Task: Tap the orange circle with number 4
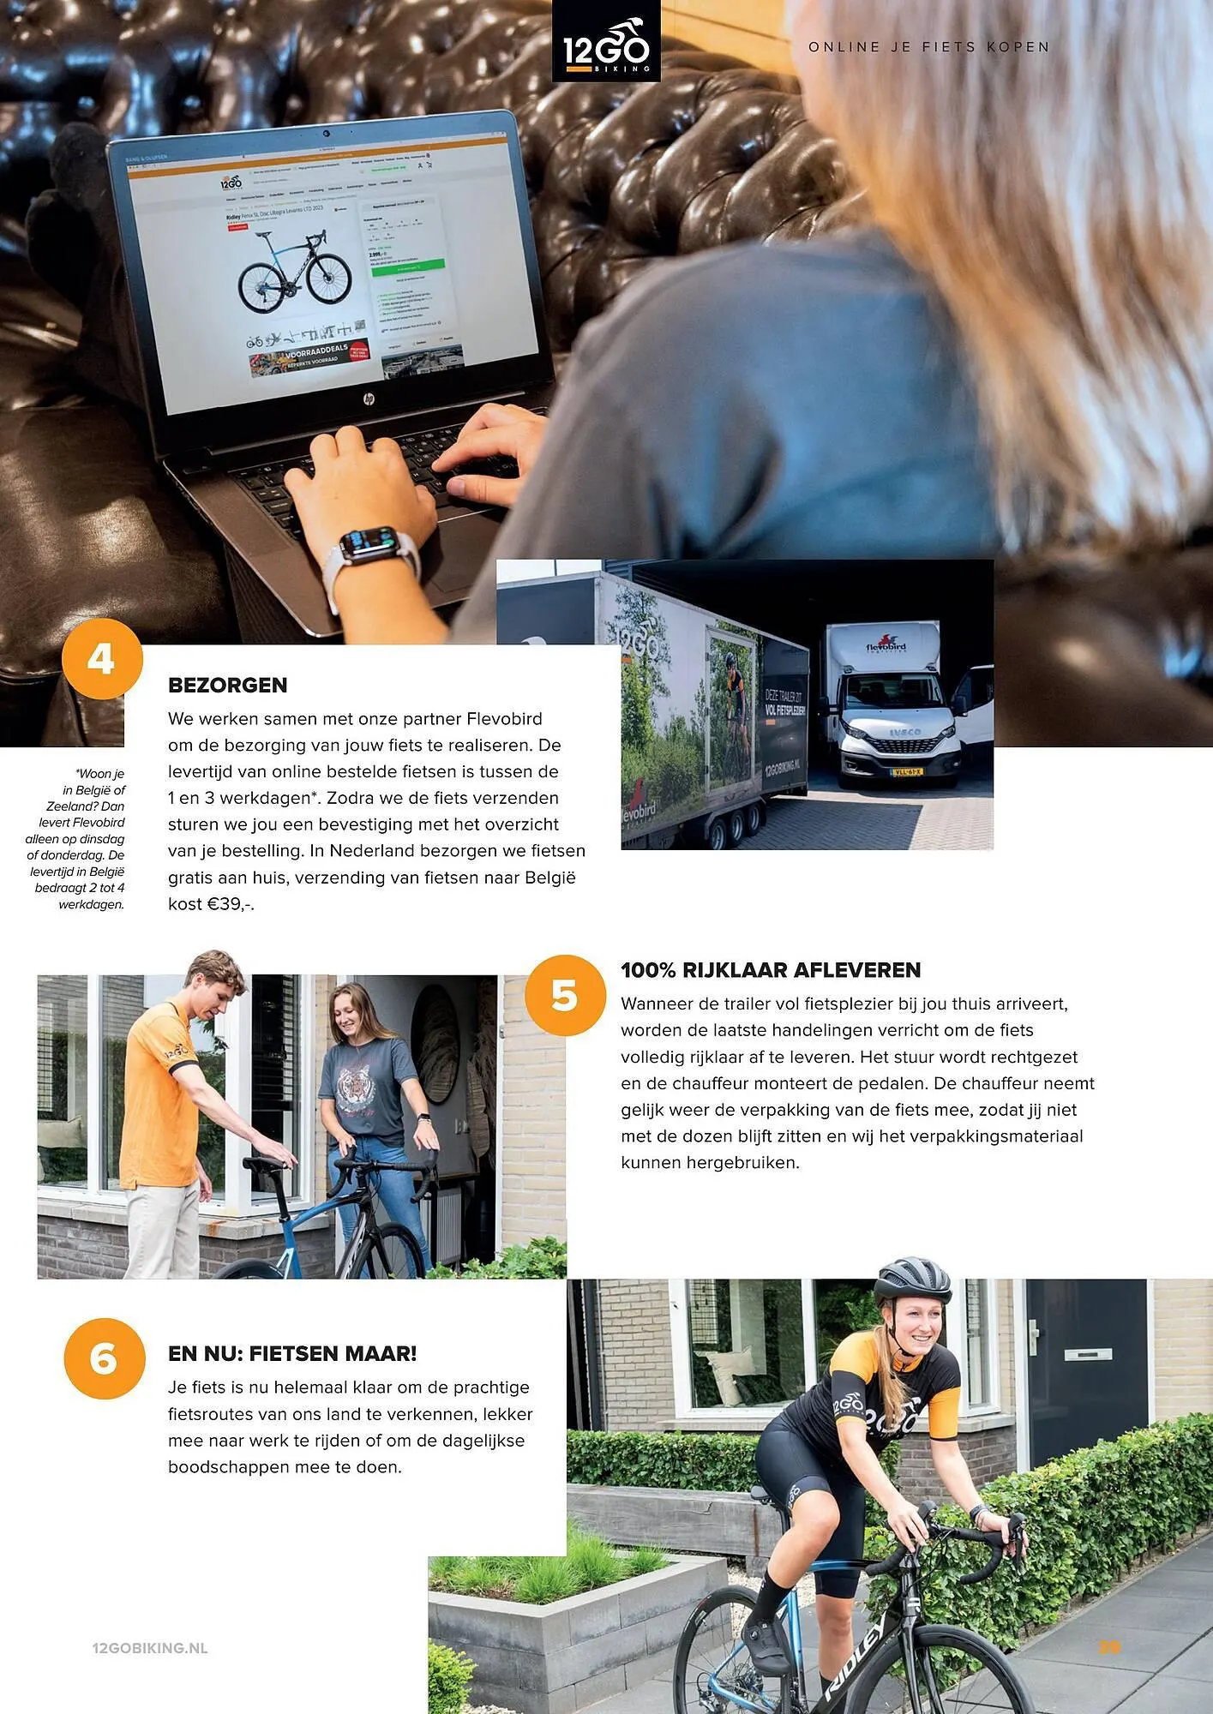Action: point(102,659)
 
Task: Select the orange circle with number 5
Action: point(565,995)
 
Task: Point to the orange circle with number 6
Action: point(104,1358)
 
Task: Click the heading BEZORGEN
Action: point(227,685)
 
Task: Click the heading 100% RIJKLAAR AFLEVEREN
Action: point(770,970)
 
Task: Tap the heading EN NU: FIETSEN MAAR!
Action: point(292,1353)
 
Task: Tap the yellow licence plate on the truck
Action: point(906,771)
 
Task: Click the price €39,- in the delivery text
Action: point(230,904)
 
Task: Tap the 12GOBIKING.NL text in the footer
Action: point(150,1648)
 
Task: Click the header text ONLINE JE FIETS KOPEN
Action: point(929,47)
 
